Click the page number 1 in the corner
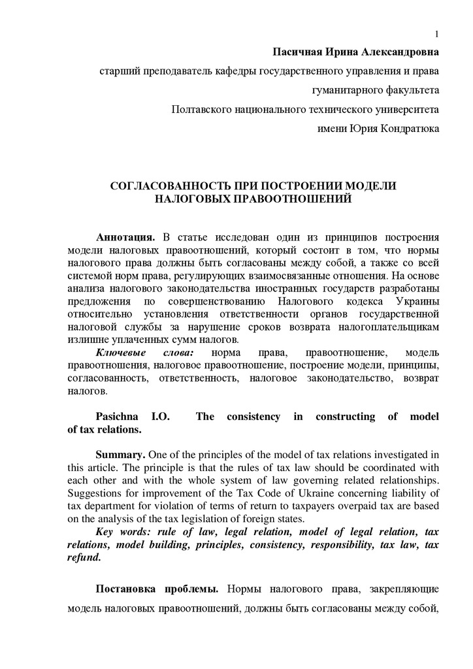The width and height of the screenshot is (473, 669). pyautogui.click(x=436, y=34)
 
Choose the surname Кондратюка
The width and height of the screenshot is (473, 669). pyautogui.click(x=412, y=129)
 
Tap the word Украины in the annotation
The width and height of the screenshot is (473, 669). pyautogui.click(x=417, y=301)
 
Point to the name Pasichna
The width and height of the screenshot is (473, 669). pyautogui.click(x=118, y=417)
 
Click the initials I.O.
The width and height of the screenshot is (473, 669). pyautogui.click(x=161, y=417)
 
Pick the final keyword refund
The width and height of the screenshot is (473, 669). pyautogui.click(x=83, y=558)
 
